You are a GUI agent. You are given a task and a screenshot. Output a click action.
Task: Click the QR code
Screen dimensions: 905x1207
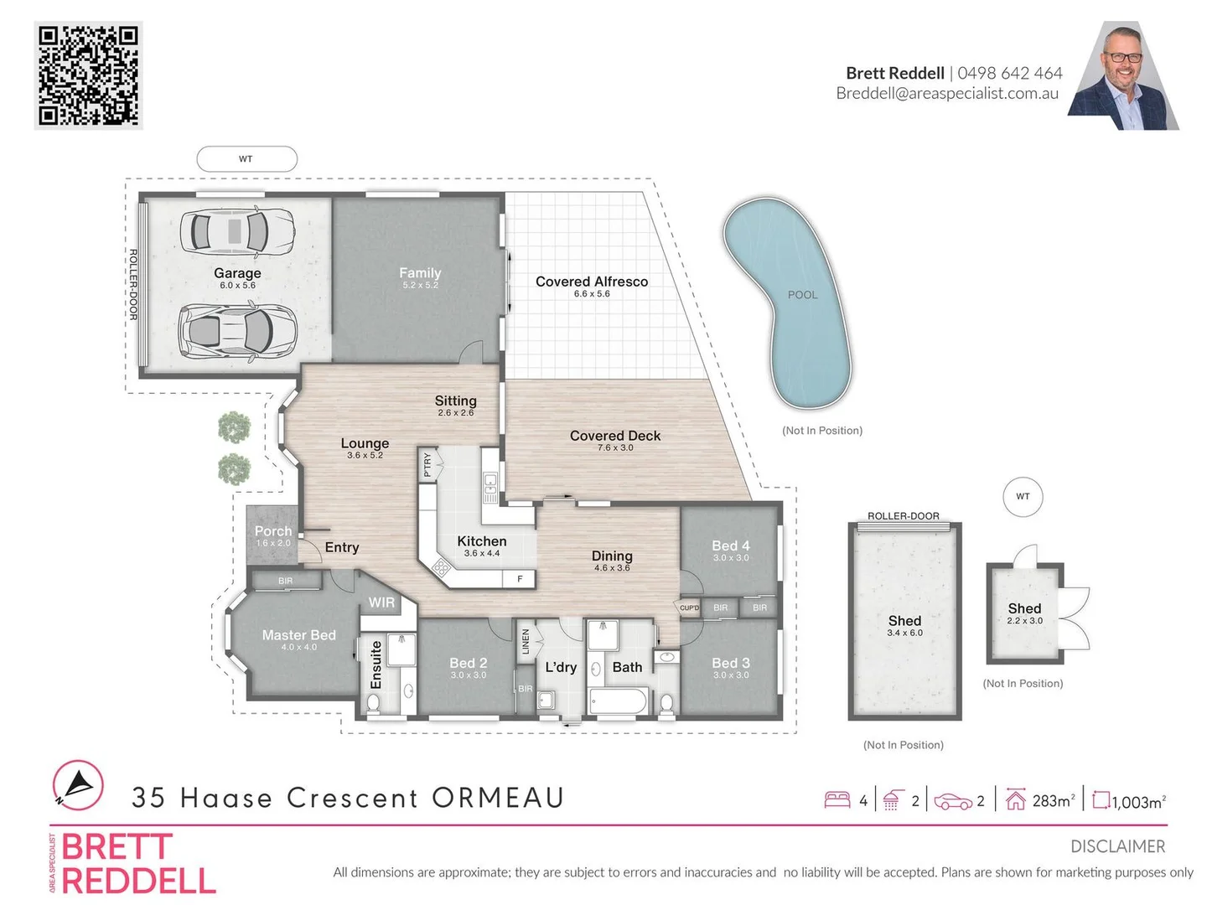88,75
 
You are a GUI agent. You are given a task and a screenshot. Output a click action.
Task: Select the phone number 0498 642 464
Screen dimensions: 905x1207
1009,73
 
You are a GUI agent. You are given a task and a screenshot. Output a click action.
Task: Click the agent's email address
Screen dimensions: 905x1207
947,94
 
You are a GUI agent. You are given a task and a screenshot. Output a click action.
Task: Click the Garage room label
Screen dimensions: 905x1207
237,273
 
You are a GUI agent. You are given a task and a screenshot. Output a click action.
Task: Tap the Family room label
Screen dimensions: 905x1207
420,273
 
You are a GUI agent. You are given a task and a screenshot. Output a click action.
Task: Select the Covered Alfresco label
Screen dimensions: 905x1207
592,282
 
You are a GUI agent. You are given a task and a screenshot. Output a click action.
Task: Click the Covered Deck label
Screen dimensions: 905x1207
615,436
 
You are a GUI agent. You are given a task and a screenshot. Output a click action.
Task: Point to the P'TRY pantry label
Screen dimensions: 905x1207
427,464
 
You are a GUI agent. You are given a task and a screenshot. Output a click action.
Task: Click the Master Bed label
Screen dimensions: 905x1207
298,635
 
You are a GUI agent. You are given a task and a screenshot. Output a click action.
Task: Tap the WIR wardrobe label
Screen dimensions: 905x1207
381,602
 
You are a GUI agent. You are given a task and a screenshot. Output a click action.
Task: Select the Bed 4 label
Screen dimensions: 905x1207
731,546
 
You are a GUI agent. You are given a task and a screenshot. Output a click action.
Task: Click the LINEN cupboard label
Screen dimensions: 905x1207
526,642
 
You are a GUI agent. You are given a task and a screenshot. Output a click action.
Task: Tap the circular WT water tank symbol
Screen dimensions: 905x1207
1023,496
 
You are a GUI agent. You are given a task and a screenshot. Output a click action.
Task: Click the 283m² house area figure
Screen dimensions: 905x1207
1053,801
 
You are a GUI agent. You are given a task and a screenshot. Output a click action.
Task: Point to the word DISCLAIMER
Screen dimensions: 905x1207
1117,846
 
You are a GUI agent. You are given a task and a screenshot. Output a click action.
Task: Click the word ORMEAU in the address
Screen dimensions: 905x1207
498,798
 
